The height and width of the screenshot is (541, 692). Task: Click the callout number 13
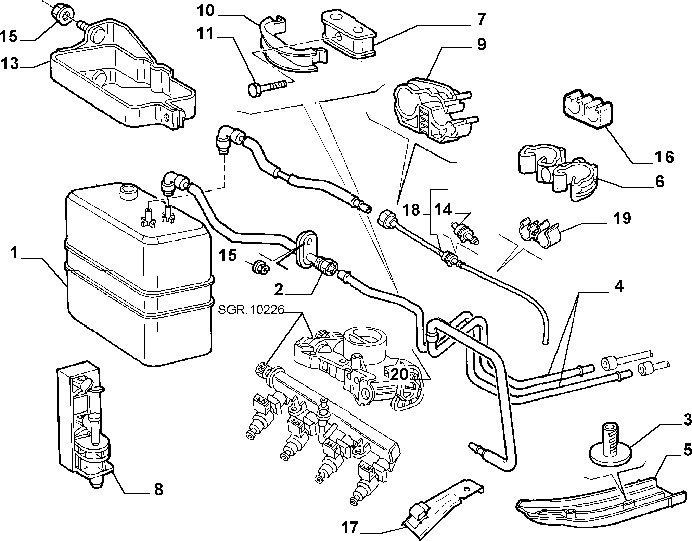pos(10,64)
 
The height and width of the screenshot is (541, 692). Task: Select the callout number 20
pos(399,374)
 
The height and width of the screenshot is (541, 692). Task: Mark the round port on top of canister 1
pos(128,191)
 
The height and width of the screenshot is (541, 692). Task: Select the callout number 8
pos(158,489)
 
